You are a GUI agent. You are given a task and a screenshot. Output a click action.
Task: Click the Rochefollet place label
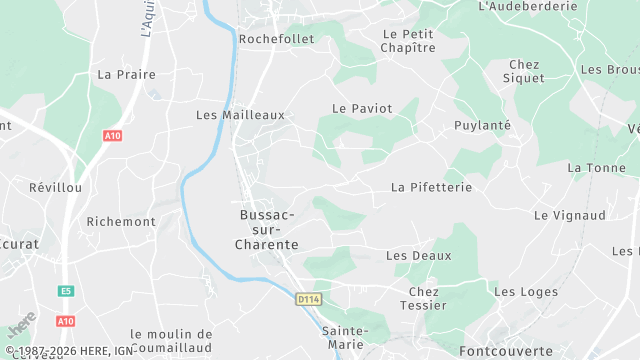(x=277, y=39)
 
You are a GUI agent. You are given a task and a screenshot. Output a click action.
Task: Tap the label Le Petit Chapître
(x=409, y=40)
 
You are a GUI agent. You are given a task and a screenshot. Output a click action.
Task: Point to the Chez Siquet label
(x=524, y=71)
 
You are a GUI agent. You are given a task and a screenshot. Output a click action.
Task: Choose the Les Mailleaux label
(x=240, y=115)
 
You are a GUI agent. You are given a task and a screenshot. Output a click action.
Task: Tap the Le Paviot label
(x=362, y=108)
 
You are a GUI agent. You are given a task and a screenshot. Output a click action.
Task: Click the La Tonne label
(x=596, y=167)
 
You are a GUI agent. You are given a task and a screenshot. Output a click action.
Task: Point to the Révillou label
(x=55, y=187)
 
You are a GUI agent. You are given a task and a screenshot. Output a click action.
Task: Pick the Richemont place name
(x=121, y=221)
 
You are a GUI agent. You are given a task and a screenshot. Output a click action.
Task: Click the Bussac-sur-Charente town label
(x=266, y=229)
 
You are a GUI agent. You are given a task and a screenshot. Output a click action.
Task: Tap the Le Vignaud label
(x=570, y=215)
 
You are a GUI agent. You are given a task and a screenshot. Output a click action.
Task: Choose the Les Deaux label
(x=418, y=256)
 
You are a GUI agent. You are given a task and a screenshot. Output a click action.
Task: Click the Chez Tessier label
(x=424, y=299)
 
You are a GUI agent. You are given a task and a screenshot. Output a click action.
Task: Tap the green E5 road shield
(x=66, y=291)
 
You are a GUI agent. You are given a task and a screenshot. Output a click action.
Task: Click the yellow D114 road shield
(x=308, y=298)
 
